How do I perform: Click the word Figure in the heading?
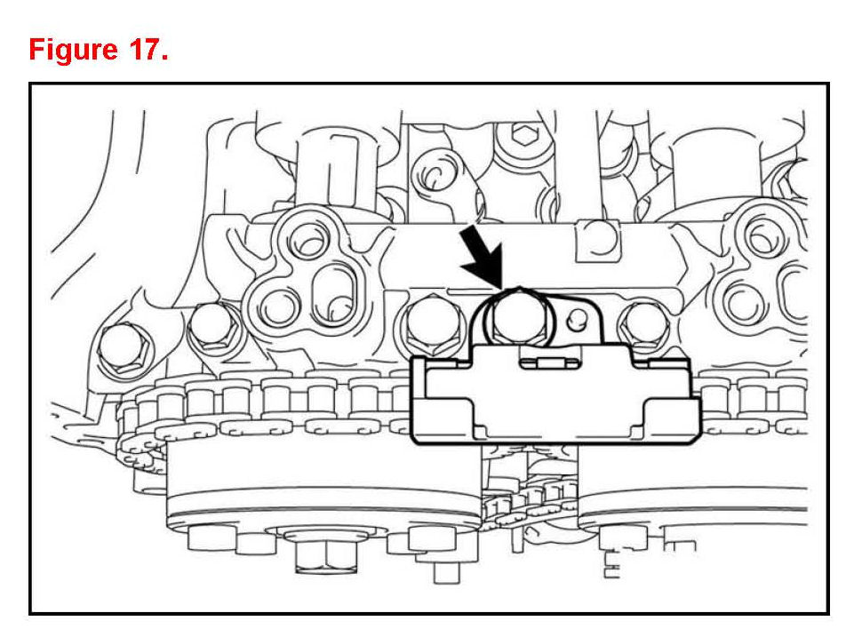coord(73,50)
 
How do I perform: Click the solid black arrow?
coord(482,255)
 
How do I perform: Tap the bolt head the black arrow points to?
coord(517,316)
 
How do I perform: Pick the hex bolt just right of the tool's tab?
coord(643,328)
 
